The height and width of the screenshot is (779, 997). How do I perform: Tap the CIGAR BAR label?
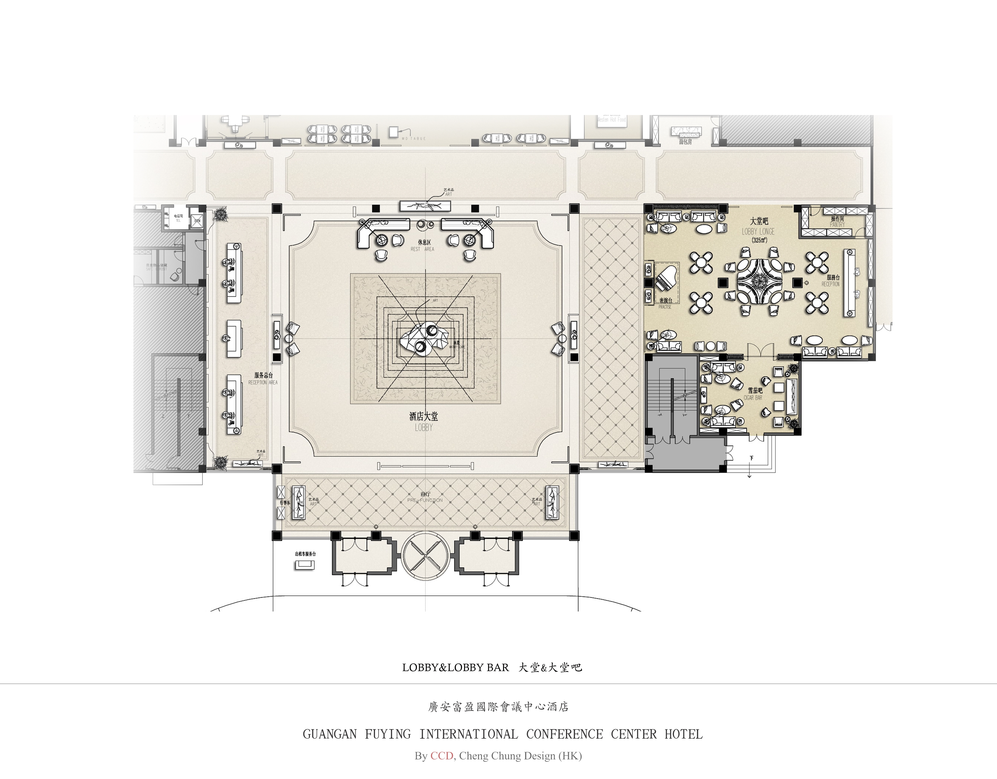tap(753, 398)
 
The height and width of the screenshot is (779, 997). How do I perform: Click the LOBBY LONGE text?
tap(758, 232)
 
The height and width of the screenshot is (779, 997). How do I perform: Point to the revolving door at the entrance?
tap(425, 556)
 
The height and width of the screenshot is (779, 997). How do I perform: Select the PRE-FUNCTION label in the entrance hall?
tap(425, 500)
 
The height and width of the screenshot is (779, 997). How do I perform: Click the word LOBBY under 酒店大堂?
tap(424, 428)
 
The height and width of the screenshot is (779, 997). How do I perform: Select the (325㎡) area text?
tap(759, 240)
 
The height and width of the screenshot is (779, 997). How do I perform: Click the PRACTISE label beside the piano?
tap(665, 307)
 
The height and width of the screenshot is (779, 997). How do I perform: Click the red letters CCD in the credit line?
tap(442, 756)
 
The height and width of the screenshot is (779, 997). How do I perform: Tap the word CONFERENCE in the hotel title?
tap(564, 734)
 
